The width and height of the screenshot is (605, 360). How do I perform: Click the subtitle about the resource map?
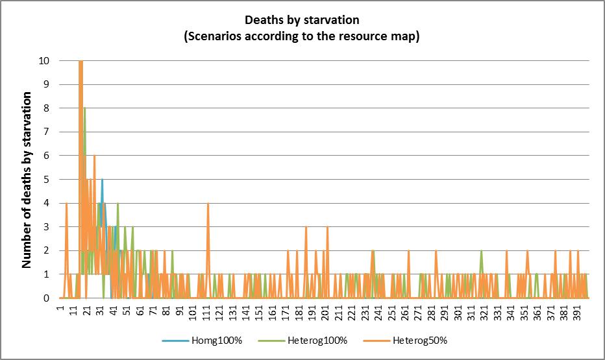[x=302, y=36]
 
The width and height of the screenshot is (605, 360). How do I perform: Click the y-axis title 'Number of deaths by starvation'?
[x=27, y=180]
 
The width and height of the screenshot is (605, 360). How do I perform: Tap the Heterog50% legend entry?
[x=419, y=341]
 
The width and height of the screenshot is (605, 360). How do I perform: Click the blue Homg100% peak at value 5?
[x=102, y=180]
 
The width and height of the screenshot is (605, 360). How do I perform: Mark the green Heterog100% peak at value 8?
[x=84, y=108]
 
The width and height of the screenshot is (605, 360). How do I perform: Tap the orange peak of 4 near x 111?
[x=208, y=203]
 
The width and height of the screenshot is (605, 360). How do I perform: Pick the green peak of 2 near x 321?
[x=481, y=250]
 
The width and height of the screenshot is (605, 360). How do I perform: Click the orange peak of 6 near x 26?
[x=94, y=156]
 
